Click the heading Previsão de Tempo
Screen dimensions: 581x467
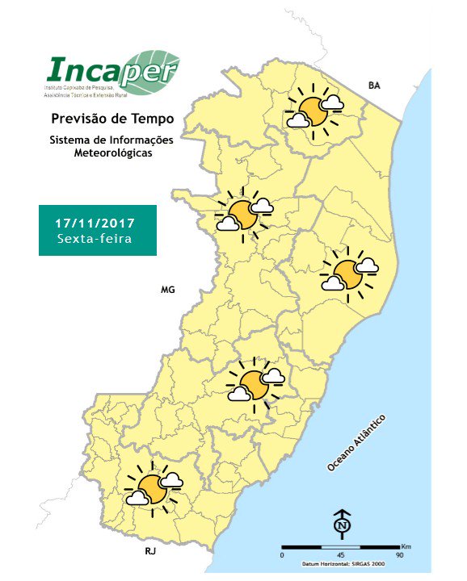pos(112,119)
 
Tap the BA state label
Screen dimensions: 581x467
pos(374,85)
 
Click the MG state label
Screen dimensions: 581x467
pos(168,289)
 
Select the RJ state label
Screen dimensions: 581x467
pos(150,553)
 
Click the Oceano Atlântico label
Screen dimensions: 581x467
pos(357,443)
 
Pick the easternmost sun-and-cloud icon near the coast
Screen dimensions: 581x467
pos(350,274)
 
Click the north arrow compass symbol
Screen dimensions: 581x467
pos(341,525)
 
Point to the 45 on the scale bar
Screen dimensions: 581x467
pos(341,555)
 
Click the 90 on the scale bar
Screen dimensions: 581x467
pos(399,555)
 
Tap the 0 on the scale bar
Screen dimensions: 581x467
pos(282,555)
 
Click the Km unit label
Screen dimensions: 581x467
pos(406,546)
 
